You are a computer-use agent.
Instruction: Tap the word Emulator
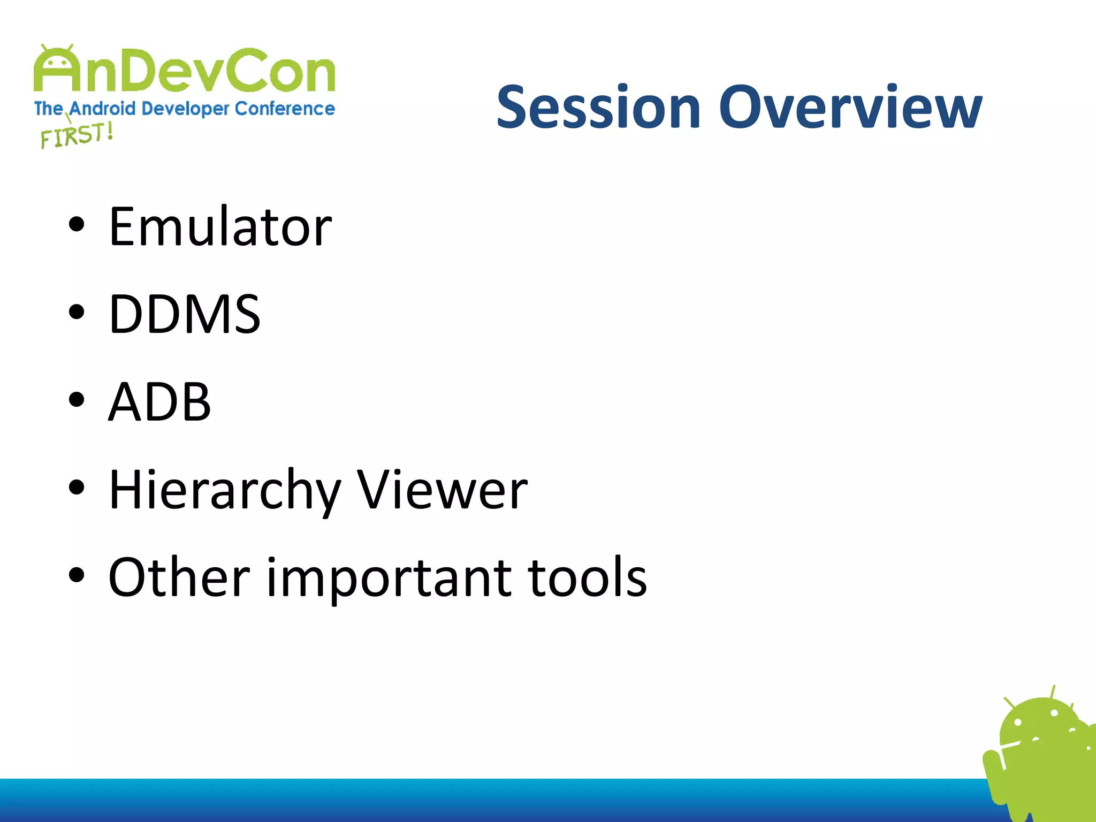coord(220,227)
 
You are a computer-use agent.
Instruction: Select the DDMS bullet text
coord(185,315)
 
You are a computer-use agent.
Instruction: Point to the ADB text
coord(159,402)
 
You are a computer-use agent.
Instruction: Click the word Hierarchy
coord(225,490)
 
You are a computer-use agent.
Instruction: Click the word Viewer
coord(442,490)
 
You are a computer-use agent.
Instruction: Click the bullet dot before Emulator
coord(77,225)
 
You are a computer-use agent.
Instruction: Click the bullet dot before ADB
coord(77,400)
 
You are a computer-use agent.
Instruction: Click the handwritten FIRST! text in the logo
coord(77,135)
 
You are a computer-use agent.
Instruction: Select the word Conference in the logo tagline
coord(285,109)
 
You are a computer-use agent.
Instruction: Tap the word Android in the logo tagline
coord(102,109)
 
